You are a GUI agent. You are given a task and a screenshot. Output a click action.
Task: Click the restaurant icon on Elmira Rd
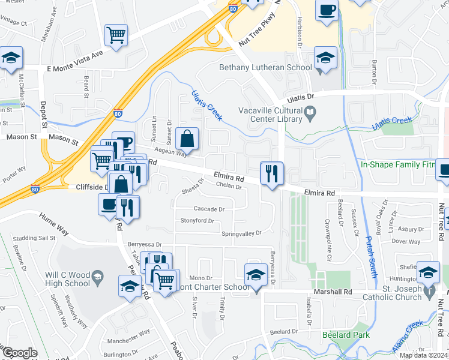tap(271, 173)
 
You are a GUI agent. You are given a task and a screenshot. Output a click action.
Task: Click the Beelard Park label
tap(345, 335)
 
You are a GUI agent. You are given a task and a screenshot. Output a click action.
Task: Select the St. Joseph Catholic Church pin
tap(429, 292)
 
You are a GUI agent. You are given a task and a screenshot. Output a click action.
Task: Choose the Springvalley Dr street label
tap(242, 233)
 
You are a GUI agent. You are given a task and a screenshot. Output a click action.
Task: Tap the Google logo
tap(20, 353)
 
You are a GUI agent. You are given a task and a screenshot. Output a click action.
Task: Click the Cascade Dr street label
tap(209, 209)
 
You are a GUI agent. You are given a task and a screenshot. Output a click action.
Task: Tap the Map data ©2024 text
tap(423, 355)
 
